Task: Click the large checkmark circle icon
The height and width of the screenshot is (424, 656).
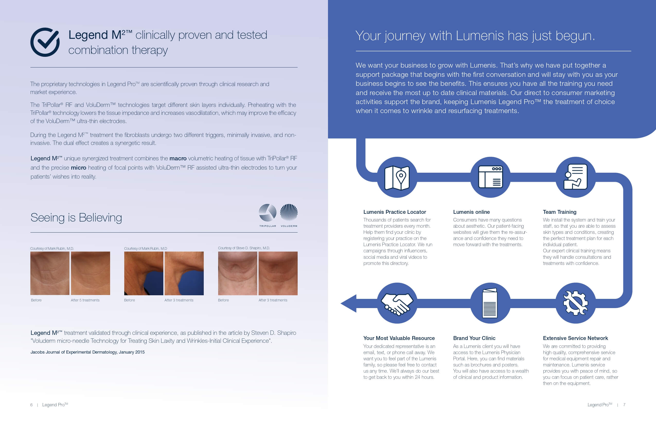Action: click(45, 42)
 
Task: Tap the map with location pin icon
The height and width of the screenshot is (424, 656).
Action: click(397, 178)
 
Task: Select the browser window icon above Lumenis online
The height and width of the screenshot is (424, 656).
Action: click(490, 177)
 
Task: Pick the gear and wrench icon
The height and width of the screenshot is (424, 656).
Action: click(575, 303)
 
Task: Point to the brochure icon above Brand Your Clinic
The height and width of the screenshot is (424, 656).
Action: click(490, 303)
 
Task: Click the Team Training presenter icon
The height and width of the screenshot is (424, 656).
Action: click(575, 177)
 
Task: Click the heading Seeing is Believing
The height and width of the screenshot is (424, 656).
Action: click(76, 217)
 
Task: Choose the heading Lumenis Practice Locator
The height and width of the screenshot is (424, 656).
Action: click(394, 212)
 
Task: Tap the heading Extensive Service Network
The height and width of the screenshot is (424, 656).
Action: click(575, 338)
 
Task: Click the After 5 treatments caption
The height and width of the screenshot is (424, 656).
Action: click(85, 300)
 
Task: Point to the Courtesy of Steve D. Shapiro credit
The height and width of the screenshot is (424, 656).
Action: click(244, 248)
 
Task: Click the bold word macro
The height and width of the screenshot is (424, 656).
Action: click(178, 158)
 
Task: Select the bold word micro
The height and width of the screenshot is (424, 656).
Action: click(78, 167)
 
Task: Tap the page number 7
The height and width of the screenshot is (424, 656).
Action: click(624, 405)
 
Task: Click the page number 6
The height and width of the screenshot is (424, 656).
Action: click(31, 405)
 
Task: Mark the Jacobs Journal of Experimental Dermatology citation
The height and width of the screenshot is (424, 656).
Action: click(87, 352)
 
